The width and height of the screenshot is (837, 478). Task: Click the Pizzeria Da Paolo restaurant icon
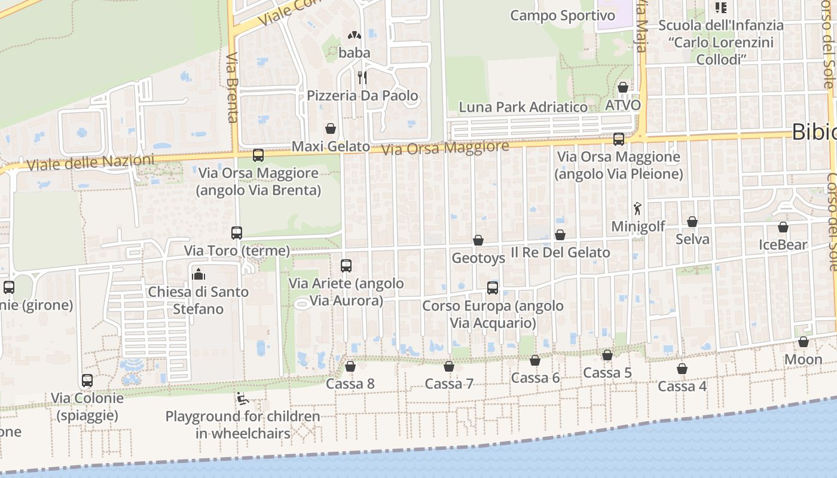tap(362, 77)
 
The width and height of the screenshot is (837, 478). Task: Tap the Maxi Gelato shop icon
tap(330, 128)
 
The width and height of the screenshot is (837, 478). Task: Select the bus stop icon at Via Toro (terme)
tap(237, 232)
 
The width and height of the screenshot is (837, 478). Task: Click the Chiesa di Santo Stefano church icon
tap(198, 274)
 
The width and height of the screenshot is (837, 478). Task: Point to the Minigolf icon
tap(638, 209)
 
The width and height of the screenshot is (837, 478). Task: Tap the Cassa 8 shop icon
tap(350, 366)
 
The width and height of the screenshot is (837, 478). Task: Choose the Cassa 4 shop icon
tap(682, 369)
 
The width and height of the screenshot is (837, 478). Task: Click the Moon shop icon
tap(804, 342)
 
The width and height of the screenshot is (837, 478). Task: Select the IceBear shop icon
tap(783, 227)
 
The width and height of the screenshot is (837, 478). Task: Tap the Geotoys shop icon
tap(478, 240)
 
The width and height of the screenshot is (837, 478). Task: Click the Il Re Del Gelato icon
tap(560, 235)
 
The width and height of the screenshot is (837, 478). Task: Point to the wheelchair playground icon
tap(242, 399)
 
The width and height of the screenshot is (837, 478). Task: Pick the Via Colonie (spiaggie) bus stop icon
tap(87, 380)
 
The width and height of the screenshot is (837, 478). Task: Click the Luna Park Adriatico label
tap(523, 108)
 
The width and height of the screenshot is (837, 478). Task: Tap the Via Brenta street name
tap(233, 87)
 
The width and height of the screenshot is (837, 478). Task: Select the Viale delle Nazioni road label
tap(90, 163)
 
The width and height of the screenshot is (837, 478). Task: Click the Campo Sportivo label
tap(563, 16)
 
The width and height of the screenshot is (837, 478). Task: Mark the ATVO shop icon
tap(623, 87)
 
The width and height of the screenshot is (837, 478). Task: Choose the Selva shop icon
tap(692, 222)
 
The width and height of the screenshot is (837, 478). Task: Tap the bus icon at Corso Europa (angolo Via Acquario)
tap(493, 287)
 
